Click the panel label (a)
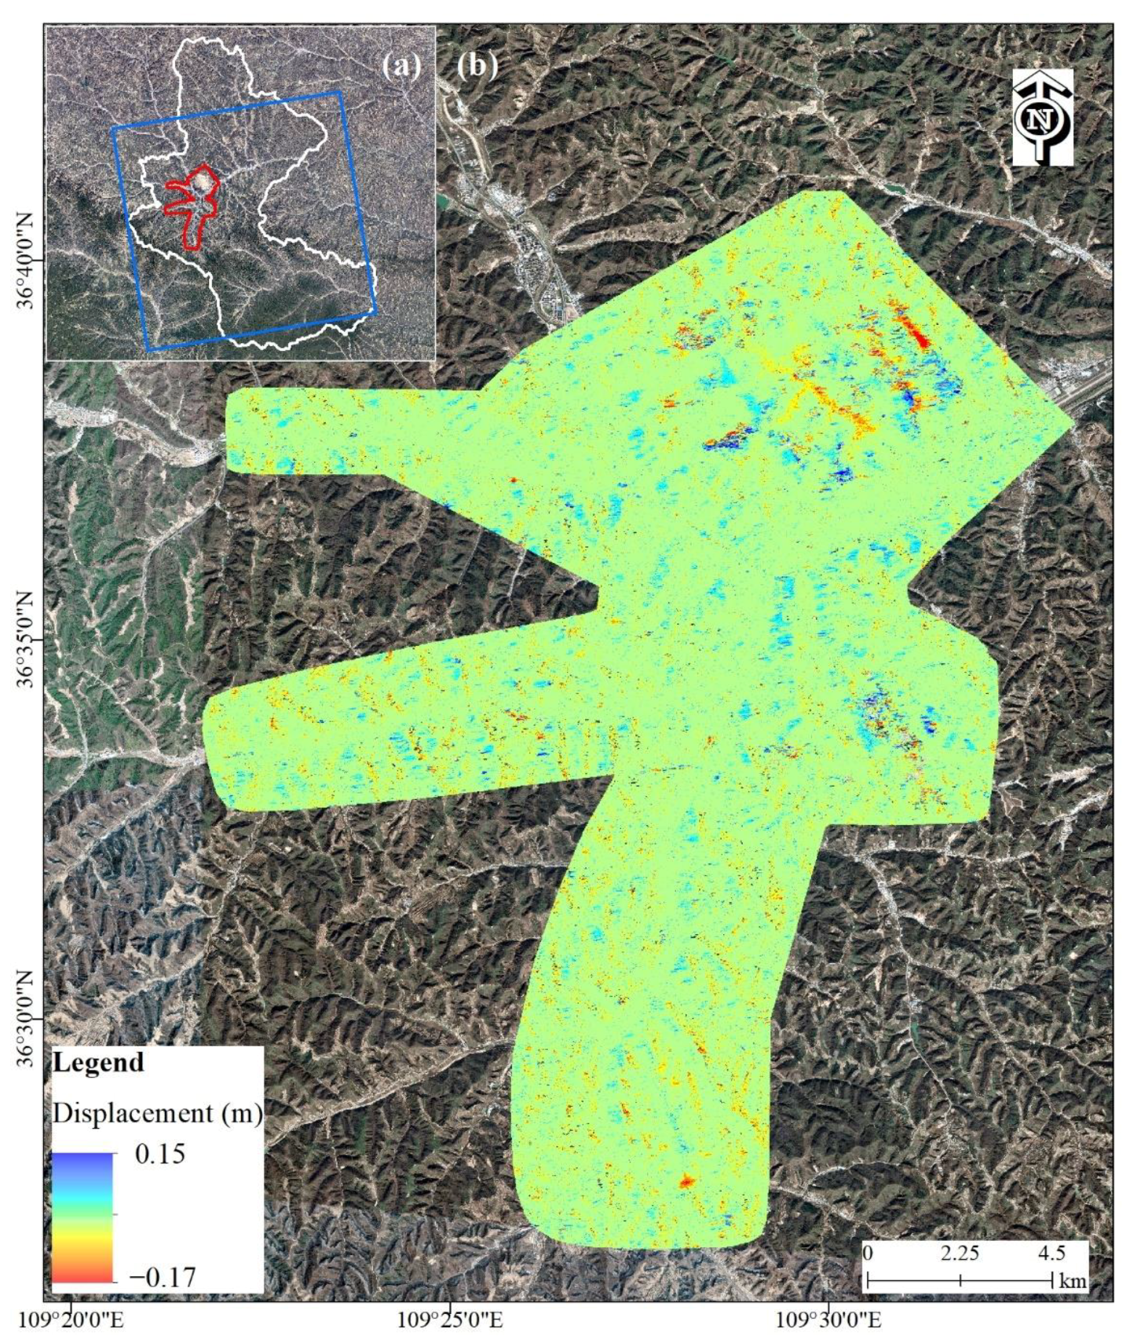coord(401,65)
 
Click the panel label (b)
coord(477,65)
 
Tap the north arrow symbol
coord(1042,117)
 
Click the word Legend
coord(98,1063)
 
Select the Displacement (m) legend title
coord(157,1113)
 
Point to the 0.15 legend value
coord(160,1154)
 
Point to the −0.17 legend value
coord(162,1277)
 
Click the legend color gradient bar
coord(82,1216)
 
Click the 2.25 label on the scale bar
coord(960,1254)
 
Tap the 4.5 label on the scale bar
coord(1051,1254)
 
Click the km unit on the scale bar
coord(1073,1282)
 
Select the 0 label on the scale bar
coord(868,1253)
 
